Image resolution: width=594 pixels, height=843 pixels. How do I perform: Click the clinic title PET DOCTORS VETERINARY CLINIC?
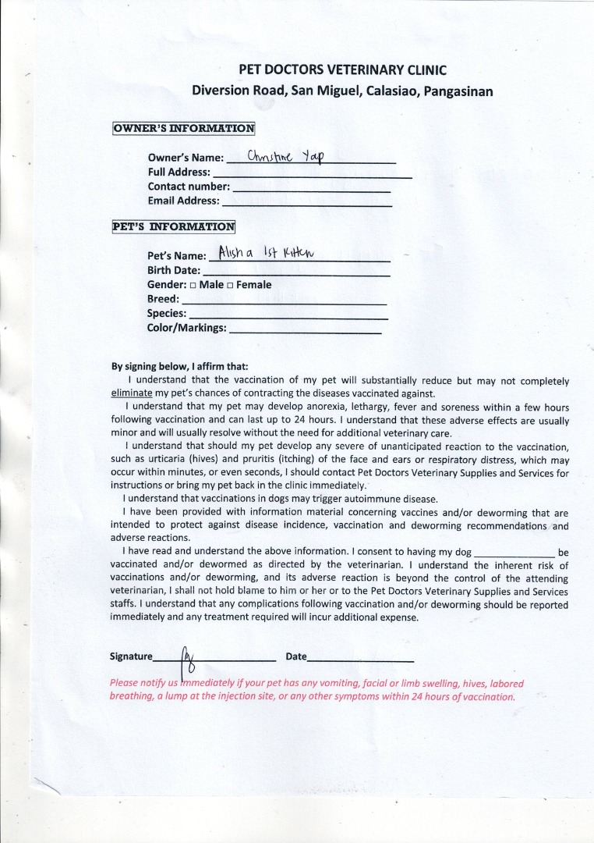[343, 69]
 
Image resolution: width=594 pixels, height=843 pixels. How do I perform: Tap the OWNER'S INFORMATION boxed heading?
[184, 128]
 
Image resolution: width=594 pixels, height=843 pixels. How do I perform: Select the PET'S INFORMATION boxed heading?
[174, 226]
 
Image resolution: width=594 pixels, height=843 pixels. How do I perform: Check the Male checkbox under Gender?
[193, 286]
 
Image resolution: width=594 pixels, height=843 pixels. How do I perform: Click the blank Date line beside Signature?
[360, 660]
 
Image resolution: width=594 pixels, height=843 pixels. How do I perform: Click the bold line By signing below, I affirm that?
[180, 366]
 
